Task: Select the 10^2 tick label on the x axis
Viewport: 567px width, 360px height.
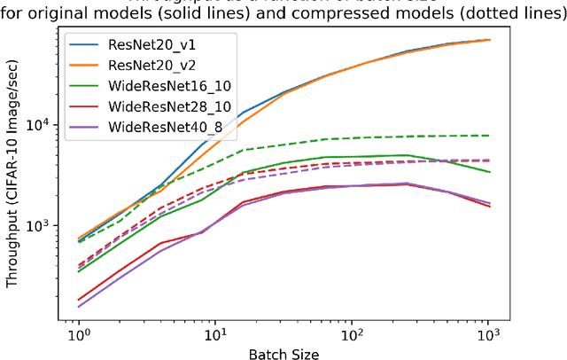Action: point(353,337)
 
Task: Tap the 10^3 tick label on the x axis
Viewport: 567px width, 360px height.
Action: point(489,337)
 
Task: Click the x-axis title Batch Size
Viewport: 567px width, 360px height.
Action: point(284,353)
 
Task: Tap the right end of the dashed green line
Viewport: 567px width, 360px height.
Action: point(489,136)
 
